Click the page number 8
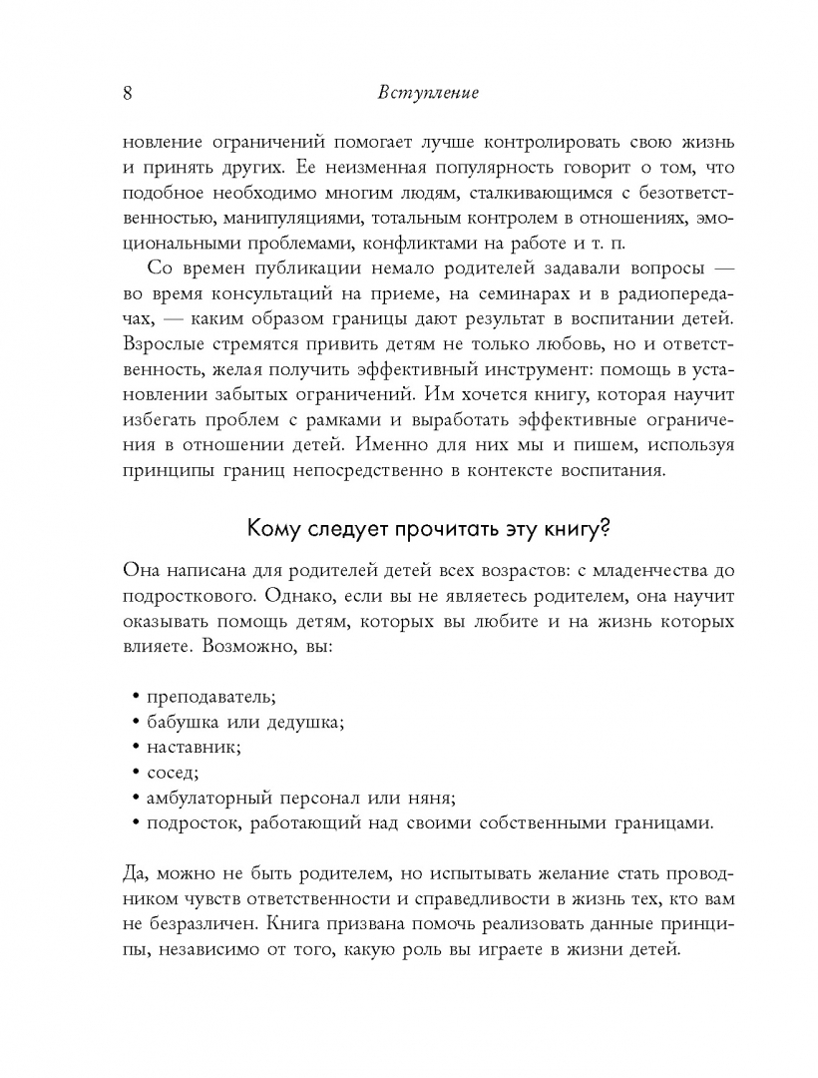coord(127,93)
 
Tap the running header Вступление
coord(429,93)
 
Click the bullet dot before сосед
coord(135,773)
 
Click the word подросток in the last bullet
coord(189,823)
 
